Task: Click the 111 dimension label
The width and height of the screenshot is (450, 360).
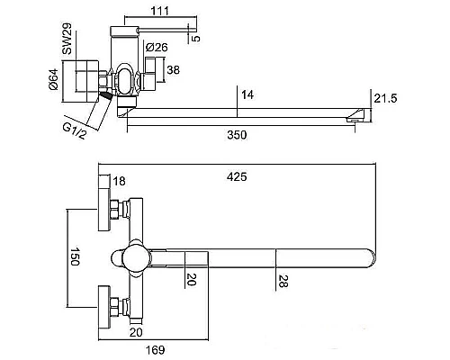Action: pyautogui.click(x=160, y=11)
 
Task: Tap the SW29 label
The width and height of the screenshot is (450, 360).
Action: pyautogui.click(x=67, y=39)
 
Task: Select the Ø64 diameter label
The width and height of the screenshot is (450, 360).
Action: pyautogui.click(x=53, y=79)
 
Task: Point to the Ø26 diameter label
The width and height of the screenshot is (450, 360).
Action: pyautogui.click(x=157, y=47)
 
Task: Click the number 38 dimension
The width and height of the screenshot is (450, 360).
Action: pyautogui.click(x=173, y=70)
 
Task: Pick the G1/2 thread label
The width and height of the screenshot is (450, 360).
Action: pyautogui.click(x=74, y=131)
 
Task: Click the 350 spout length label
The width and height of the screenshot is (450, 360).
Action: pyautogui.click(x=237, y=135)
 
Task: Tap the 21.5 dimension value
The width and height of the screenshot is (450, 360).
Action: pyautogui.click(x=385, y=98)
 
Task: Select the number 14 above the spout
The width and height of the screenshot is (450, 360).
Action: pyautogui.click(x=247, y=94)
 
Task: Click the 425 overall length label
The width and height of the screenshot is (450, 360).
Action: pyautogui.click(x=237, y=176)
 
